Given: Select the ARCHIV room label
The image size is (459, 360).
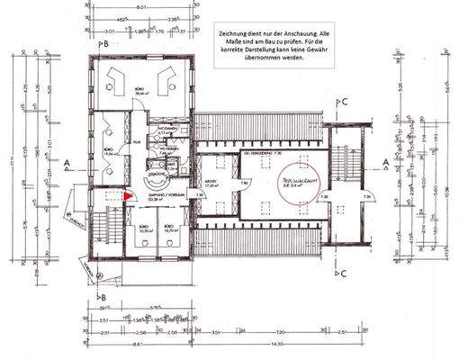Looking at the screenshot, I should point(211,181).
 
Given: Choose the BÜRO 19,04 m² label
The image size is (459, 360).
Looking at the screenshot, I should point(108,153).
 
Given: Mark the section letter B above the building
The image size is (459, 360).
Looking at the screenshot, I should point(104,43).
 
